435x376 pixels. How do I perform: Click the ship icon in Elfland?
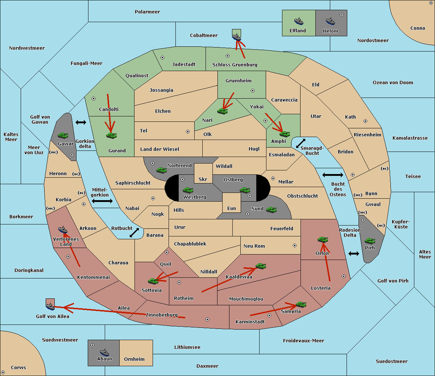(299, 21)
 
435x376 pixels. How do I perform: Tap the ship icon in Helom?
(330, 21)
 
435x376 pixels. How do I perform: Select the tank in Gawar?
(63, 135)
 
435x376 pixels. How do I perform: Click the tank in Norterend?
(161, 170)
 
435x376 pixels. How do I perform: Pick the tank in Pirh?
(370, 241)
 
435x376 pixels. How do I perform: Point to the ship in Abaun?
(104, 352)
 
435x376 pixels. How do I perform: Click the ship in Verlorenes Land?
(62, 230)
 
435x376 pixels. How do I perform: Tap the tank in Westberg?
(188, 190)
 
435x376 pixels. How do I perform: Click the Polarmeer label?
(147, 12)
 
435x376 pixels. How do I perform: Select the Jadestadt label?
(184, 65)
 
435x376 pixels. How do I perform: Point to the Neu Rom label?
(254, 246)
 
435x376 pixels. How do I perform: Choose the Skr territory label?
(203, 179)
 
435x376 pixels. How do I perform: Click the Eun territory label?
(232, 208)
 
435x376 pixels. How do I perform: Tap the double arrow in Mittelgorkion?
(102, 201)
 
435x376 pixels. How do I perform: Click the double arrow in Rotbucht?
(134, 232)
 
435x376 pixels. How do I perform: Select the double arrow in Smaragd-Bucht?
(301, 143)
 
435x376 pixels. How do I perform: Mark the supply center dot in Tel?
(188, 132)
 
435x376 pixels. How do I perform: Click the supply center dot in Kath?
(365, 121)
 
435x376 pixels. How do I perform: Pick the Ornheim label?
(134, 359)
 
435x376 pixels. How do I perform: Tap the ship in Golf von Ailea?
(50, 306)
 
